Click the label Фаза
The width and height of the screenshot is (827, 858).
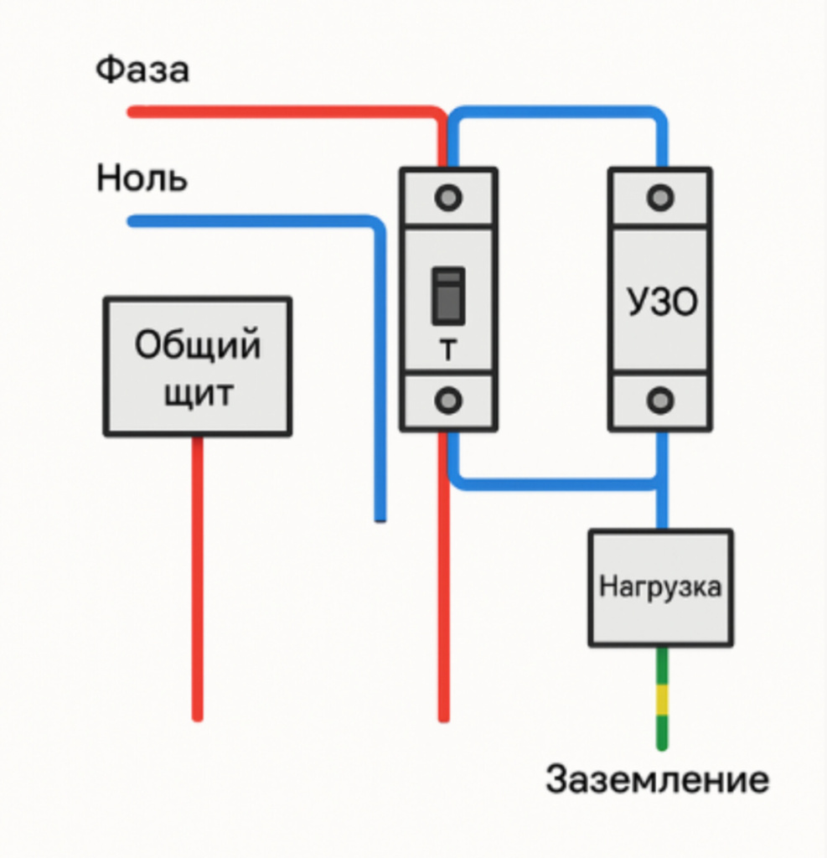(x=142, y=70)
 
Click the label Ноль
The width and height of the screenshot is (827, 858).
(x=142, y=178)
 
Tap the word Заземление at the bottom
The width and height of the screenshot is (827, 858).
(x=657, y=779)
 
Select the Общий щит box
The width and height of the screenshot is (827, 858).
(x=198, y=366)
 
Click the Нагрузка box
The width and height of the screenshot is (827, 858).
(x=660, y=587)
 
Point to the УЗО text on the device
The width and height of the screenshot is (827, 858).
(x=662, y=302)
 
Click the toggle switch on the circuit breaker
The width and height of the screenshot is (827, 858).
(x=448, y=295)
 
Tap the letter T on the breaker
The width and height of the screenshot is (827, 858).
(x=448, y=351)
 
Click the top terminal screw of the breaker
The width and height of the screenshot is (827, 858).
(x=448, y=198)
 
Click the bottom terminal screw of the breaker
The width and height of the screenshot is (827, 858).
(x=448, y=401)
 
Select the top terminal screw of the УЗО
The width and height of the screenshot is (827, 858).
(x=661, y=198)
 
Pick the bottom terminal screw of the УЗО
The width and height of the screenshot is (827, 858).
(x=661, y=401)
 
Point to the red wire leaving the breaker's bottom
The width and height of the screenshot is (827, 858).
(x=444, y=603)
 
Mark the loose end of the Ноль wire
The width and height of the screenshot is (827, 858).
(x=380, y=517)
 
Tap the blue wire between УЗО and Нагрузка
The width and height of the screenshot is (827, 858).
(x=662, y=503)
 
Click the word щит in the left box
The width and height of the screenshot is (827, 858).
(x=198, y=393)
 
